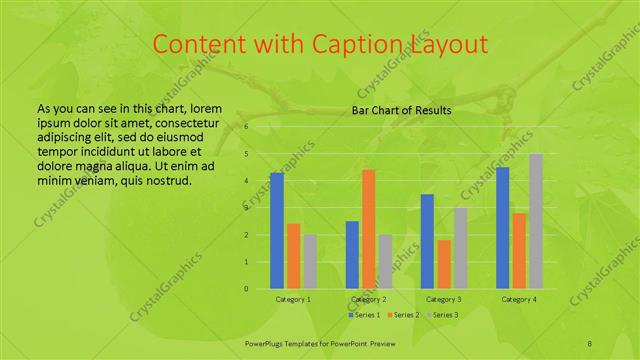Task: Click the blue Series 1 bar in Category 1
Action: click(277, 231)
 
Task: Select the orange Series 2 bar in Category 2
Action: click(368, 229)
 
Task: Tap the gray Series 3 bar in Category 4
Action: click(536, 221)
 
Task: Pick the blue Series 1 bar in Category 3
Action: click(427, 241)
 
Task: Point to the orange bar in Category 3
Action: click(444, 264)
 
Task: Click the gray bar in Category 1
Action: click(310, 262)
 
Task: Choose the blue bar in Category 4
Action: click(502, 228)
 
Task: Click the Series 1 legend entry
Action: click(365, 315)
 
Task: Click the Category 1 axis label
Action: click(293, 299)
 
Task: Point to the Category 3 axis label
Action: click(444, 299)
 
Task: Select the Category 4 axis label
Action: click(519, 299)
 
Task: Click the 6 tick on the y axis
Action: click(246, 127)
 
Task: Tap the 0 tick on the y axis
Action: click(246, 289)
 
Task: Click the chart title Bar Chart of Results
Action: click(402, 110)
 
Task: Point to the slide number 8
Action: click(589, 342)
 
